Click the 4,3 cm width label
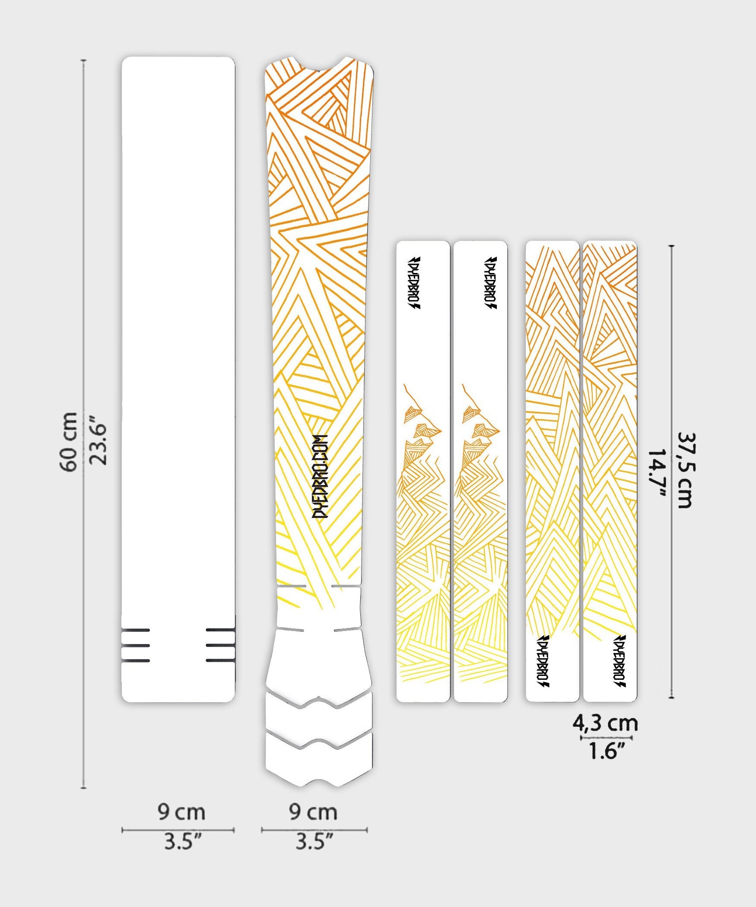605,723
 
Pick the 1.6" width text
607,751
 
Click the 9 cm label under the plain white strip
181,812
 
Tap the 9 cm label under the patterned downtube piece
313,812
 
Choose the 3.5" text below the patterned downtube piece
314,841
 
